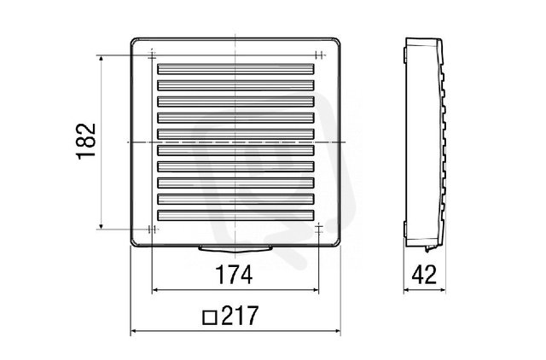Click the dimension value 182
[86, 141]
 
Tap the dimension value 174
[235, 275]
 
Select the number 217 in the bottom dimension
[240, 316]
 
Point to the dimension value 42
[424, 275]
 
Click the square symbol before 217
[210, 317]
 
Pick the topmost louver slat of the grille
[235, 68]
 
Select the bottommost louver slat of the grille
[235, 215]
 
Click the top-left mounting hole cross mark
[152, 55]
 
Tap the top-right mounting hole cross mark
[319, 55]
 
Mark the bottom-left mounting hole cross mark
[152, 229]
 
